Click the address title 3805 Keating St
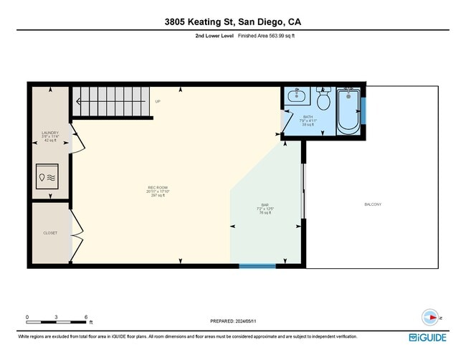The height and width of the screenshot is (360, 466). coord(233,23)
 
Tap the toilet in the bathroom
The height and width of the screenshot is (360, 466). coord(323,100)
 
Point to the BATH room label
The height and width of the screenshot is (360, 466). coord(308,117)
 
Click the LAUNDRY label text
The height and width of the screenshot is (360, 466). coord(50,133)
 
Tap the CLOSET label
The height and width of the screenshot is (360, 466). coord(50,233)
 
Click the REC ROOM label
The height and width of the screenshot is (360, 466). coord(158,189)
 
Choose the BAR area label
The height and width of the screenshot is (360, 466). coord(265,206)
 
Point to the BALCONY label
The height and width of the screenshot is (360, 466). coord(373,204)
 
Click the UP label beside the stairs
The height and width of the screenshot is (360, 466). coord(158,101)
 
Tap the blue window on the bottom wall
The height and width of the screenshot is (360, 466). coord(257,266)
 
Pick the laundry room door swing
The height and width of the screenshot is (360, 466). coord(79,143)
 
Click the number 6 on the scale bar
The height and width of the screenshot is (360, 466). coord(86,317)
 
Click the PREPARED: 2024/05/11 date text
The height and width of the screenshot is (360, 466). coord(233,321)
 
